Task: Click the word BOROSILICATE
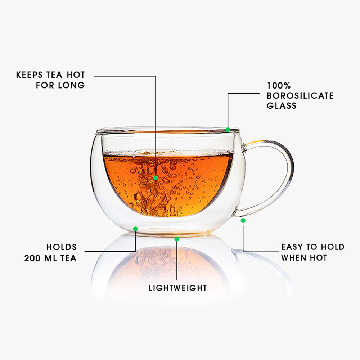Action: click(300, 95)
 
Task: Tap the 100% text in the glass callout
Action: click(279, 86)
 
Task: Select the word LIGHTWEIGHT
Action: click(178, 288)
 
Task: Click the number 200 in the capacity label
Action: click(32, 258)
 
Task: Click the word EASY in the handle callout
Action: click(292, 247)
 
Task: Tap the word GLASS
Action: click(282, 105)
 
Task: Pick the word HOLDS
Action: click(62, 247)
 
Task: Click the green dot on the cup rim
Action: click(228, 130)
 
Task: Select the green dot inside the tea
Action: click(156, 178)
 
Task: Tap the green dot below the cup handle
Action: click(243, 221)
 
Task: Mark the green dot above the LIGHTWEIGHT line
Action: click(176, 239)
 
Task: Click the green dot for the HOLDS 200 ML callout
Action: click(135, 229)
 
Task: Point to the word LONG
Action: click(71, 85)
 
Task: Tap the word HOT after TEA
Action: click(76, 75)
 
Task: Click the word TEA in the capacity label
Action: click(68, 258)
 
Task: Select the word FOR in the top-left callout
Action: click(45, 85)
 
